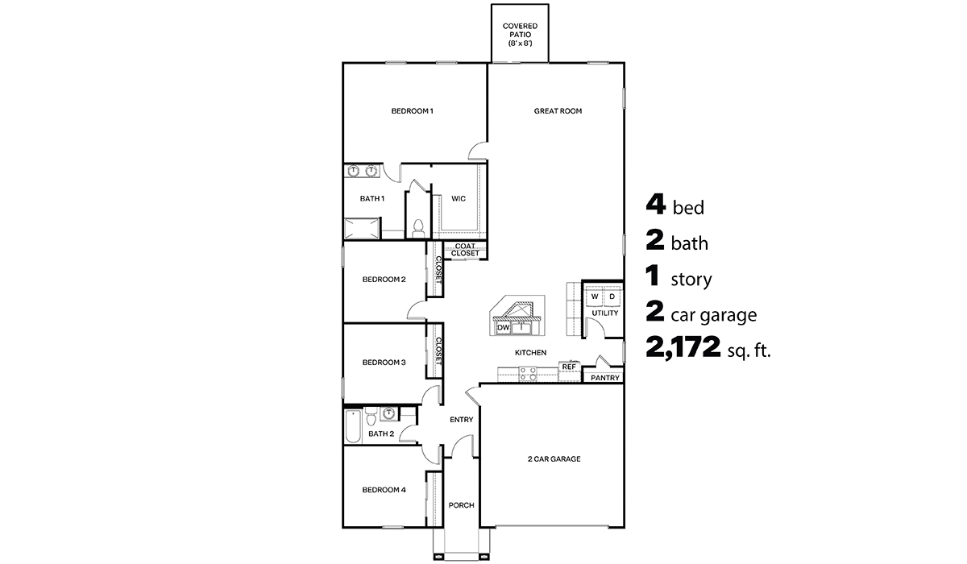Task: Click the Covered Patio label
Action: (x=520, y=34)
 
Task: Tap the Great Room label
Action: (x=558, y=111)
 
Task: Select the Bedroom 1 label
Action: (x=412, y=111)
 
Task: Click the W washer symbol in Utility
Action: (x=595, y=297)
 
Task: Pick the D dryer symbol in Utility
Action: (x=612, y=297)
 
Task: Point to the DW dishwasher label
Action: (x=503, y=328)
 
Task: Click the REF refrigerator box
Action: (x=569, y=367)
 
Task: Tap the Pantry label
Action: (x=604, y=377)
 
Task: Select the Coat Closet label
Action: (x=465, y=250)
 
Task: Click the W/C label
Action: (x=458, y=198)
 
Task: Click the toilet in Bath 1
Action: (x=417, y=227)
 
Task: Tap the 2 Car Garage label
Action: (x=554, y=459)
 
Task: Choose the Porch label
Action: (x=461, y=505)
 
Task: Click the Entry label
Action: (x=461, y=419)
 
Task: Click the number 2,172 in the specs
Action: (x=683, y=349)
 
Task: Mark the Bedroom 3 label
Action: (x=384, y=363)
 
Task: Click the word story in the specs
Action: (x=691, y=280)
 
